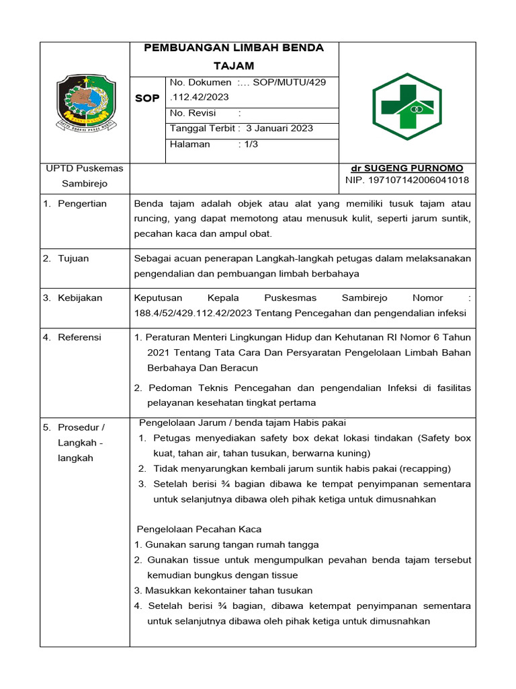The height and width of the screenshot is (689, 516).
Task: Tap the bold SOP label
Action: [x=147, y=98]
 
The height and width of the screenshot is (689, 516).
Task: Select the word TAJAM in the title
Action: [x=234, y=65]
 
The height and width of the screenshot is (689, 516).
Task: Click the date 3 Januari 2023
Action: [x=279, y=128]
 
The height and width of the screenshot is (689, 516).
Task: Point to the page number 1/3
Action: [x=252, y=144]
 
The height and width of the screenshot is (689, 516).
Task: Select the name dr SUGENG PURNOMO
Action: [x=406, y=168]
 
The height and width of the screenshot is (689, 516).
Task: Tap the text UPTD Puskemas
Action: [x=85, y=168]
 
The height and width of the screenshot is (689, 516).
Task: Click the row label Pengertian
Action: [x=82, y=204]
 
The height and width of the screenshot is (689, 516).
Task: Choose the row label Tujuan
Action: [x=73, y=258]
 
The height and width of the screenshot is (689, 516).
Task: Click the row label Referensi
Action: [x=79, y=337]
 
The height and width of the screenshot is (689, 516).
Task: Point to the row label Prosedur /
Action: [x=81, y=427]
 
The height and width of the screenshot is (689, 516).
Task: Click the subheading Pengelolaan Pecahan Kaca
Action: [x=199, y=530]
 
